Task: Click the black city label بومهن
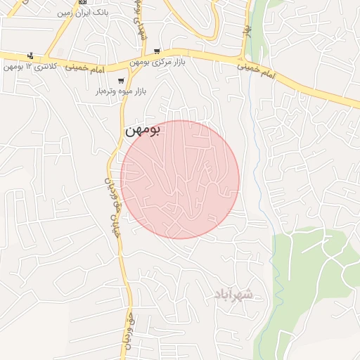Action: (x=143, y=130)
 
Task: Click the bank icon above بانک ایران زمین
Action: (x=82, y=2)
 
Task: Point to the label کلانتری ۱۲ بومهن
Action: (x=29, y=67)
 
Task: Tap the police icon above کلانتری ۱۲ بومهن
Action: (x=30, y=56)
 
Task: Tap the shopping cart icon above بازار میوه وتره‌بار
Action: (x=122, y=80)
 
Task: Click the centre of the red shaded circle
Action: (x=179, y=179)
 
